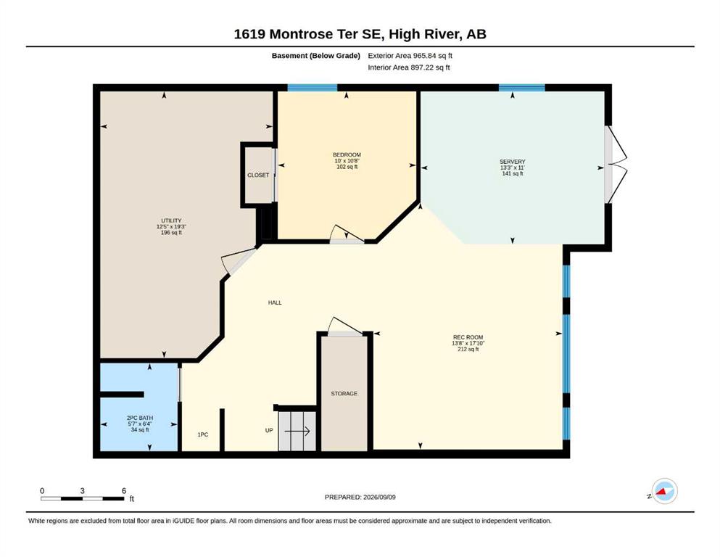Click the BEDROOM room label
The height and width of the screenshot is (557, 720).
347,154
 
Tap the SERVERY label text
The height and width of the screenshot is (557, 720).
513,162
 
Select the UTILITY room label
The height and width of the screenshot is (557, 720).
171,220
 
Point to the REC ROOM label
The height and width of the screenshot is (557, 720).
468,337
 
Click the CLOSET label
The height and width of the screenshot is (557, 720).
258,175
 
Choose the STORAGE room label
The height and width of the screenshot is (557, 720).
344,394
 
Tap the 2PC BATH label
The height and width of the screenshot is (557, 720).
140,418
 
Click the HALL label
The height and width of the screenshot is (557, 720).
275,302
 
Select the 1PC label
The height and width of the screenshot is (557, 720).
203,434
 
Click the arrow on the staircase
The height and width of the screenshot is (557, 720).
297,432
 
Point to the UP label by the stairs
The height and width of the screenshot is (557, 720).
269,430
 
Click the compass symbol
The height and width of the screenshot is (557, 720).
664,491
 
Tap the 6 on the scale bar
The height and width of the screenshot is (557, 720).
124,490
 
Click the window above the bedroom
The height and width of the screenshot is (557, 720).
313,88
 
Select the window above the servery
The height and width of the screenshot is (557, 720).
521,88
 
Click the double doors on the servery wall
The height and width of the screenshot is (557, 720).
616,165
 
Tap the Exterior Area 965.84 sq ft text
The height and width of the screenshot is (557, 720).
410,56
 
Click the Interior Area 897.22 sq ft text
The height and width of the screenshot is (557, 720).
409,67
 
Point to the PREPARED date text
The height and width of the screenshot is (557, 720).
360,497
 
